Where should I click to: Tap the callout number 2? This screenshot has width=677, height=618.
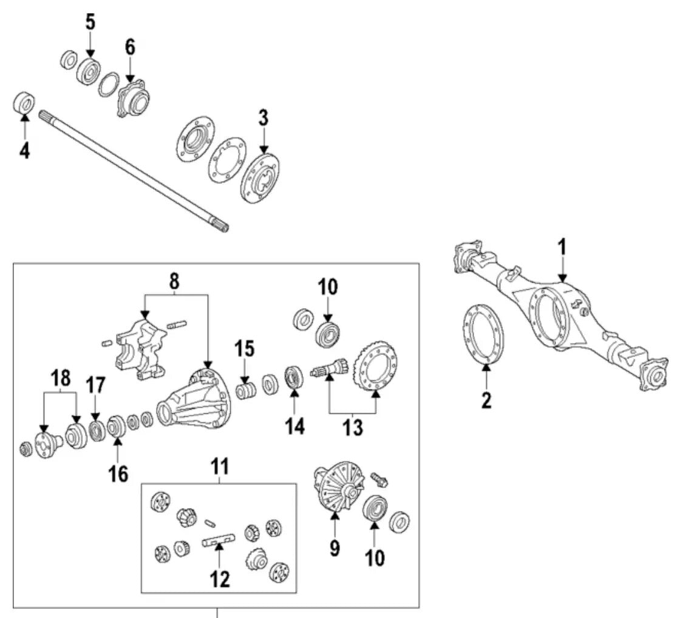pos(486,400)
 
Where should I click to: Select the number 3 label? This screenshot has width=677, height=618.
pos(263,118)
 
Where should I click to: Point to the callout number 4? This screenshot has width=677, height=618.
pos(24,150)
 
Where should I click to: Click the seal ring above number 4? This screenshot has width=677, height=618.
pos(24,102)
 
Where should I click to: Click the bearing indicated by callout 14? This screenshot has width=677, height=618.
pos(294,377)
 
